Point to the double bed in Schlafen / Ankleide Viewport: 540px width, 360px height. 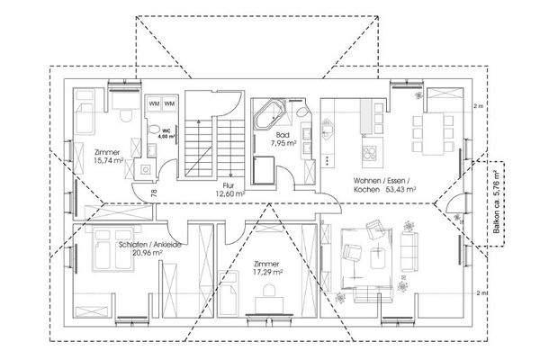click(x=94, y=256)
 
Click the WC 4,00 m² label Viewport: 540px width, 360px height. click(x=168, y=132)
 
